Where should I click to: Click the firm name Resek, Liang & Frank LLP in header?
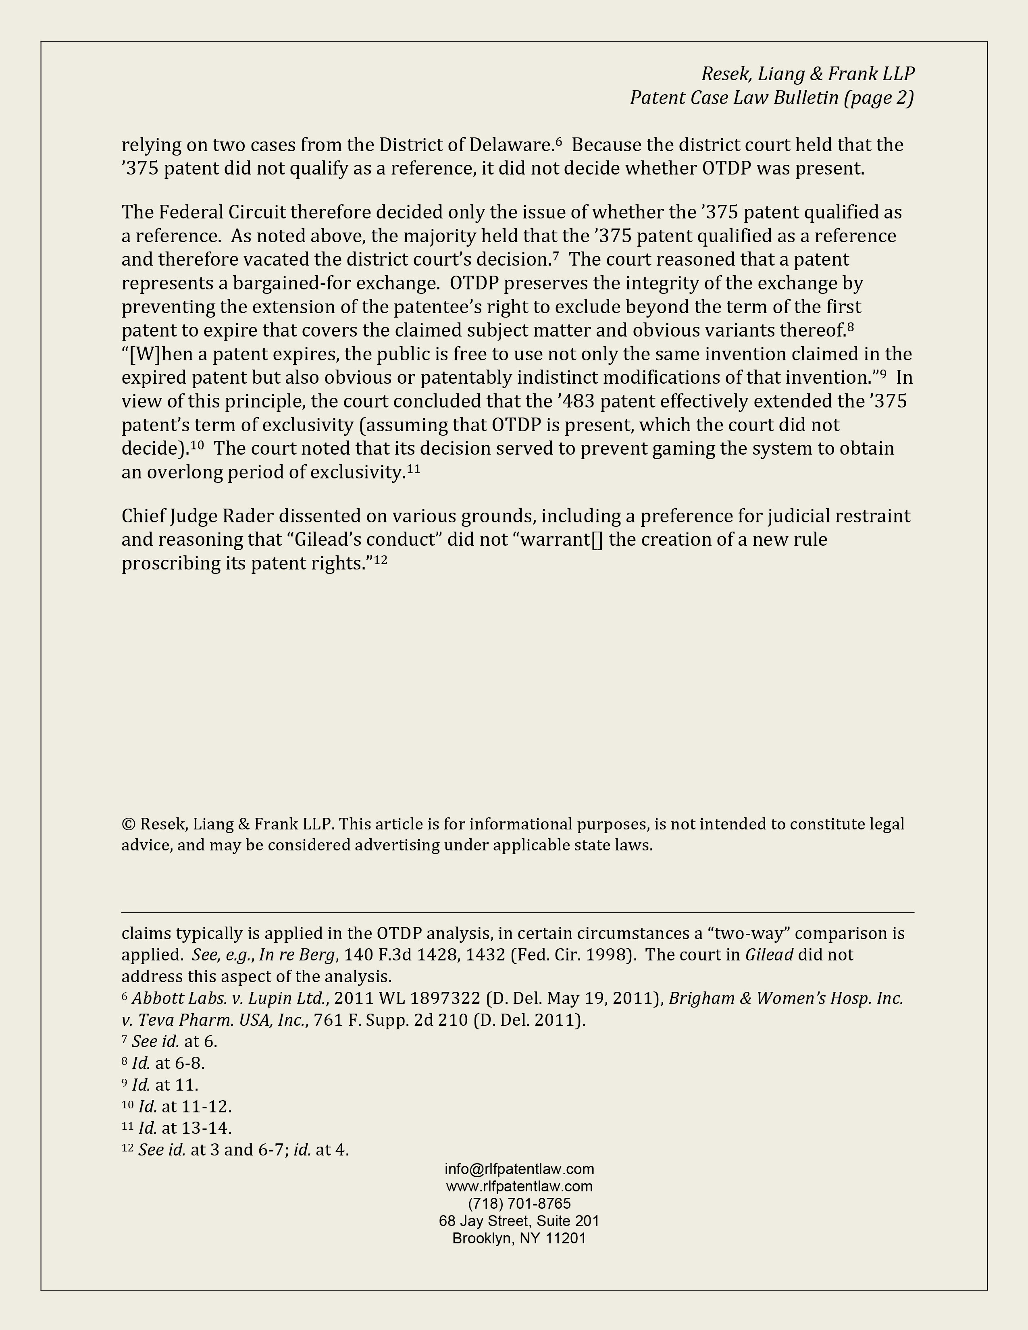coord(807,74)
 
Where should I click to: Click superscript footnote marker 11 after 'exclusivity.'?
coord(414,469)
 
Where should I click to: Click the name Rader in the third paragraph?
coord(248,516)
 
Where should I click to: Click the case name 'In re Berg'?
coord(297,954)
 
